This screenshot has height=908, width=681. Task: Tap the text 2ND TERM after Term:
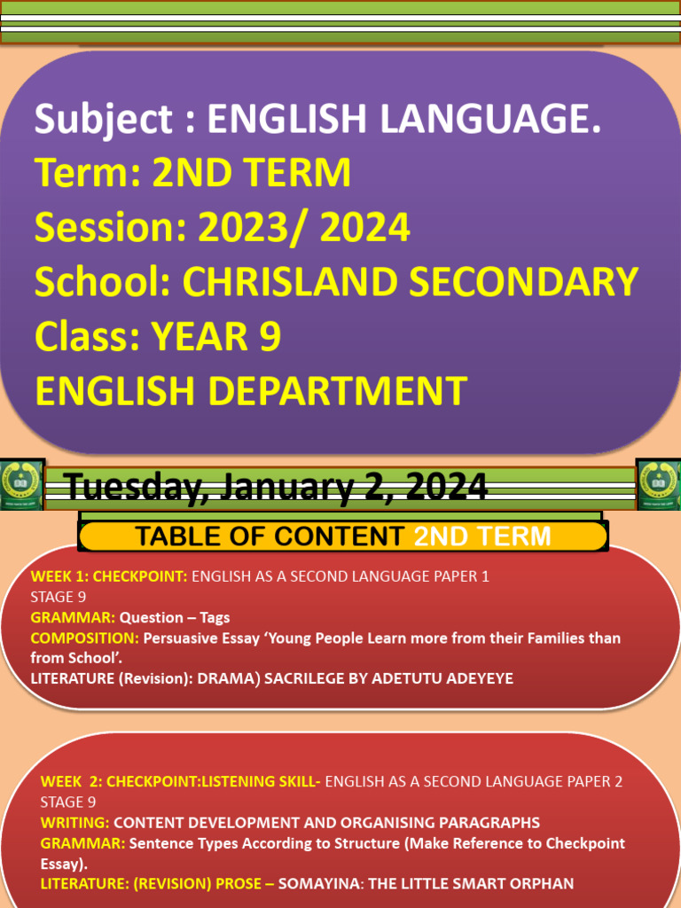pyautogui.click(x=252, y=173)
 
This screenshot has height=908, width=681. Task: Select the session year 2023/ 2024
pyautogui.click(x=304, y=228)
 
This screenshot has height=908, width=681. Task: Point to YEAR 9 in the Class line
pyautogui.click(x=216, y=336)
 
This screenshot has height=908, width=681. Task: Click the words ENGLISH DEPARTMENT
pyautogui.click(x=250, y=391)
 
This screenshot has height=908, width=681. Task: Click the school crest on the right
pyautogui.click(x=659, y=484)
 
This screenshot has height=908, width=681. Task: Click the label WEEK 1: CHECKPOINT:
pyautogui.click(x=109, y=576)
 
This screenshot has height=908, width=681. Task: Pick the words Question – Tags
pyautogui.click(x=175, y=617)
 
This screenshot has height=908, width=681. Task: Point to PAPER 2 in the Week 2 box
pyautogui.click(x=593, y=781)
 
